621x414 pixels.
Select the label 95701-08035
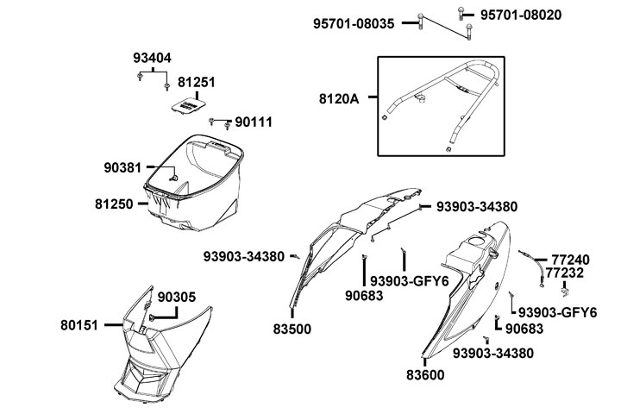point(354,24)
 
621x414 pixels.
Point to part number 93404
point(152,58)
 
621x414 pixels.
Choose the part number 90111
point(253,122)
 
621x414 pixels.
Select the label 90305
point(176,297)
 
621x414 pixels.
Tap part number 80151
point(80,325)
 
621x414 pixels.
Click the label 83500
point(292,329)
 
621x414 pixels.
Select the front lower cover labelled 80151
point(160,345)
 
